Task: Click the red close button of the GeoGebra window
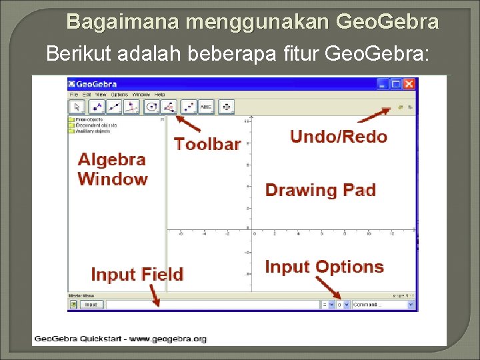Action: (x=409, y=84)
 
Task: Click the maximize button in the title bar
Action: (x=395, y=84)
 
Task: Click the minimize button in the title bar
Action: (x=383, y=84)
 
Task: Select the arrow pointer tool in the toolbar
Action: (x=77, y=107)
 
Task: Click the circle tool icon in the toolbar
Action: (x=152, y=107)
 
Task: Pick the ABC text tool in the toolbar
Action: (x=207, y=107)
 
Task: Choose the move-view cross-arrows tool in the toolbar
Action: (x=227, y=107)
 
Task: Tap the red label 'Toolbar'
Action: (x=207, y=143)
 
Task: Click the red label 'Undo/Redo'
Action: (x=338, y=137)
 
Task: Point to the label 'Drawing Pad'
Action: (x=320, y=190)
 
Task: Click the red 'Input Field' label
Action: (x=137, y=275)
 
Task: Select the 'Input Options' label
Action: (x=324, y=267)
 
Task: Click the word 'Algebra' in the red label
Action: (x=111, y=159)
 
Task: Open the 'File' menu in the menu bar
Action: (x=73, y=95)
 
